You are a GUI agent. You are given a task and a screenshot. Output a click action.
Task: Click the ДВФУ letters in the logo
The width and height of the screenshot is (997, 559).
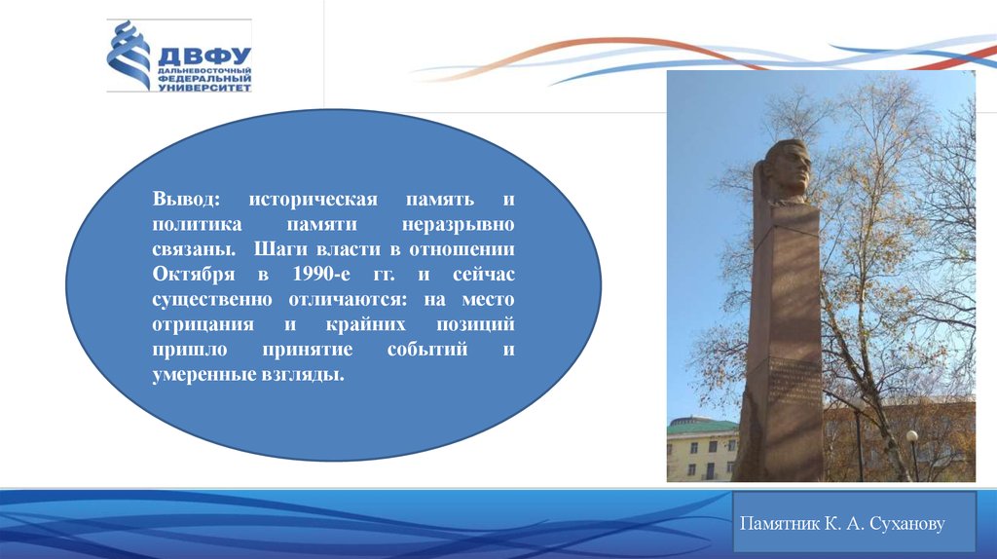coord(204,56)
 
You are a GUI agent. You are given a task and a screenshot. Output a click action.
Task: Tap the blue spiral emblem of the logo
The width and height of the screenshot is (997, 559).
coord(129,56)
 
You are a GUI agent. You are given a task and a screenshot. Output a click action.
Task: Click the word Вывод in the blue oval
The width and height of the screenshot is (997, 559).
coord(186,199)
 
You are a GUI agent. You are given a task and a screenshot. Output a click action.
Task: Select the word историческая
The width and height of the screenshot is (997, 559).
coord(313,199)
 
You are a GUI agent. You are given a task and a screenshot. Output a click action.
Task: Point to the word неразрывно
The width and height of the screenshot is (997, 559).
coord(458,225)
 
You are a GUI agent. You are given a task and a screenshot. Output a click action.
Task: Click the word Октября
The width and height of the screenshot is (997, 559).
coord(194,275)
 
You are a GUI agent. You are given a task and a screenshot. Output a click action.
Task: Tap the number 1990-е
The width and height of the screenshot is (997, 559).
coord(321,274)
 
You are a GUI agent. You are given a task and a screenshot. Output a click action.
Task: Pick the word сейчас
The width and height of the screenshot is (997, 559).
coord(483,275)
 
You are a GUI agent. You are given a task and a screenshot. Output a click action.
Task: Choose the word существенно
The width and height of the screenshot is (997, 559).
coord(212,300)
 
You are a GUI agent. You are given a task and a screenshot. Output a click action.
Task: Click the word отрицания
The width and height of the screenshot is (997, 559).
coord(203,325)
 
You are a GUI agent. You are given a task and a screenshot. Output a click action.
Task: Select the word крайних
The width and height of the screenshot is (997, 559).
coord(366,325)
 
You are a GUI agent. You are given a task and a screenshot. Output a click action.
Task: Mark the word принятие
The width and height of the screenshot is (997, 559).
coord(307,350)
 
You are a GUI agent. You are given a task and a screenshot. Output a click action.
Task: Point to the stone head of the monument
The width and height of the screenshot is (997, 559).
coord(787,170)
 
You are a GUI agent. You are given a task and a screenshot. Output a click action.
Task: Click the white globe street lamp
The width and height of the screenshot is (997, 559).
coord(911,435)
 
